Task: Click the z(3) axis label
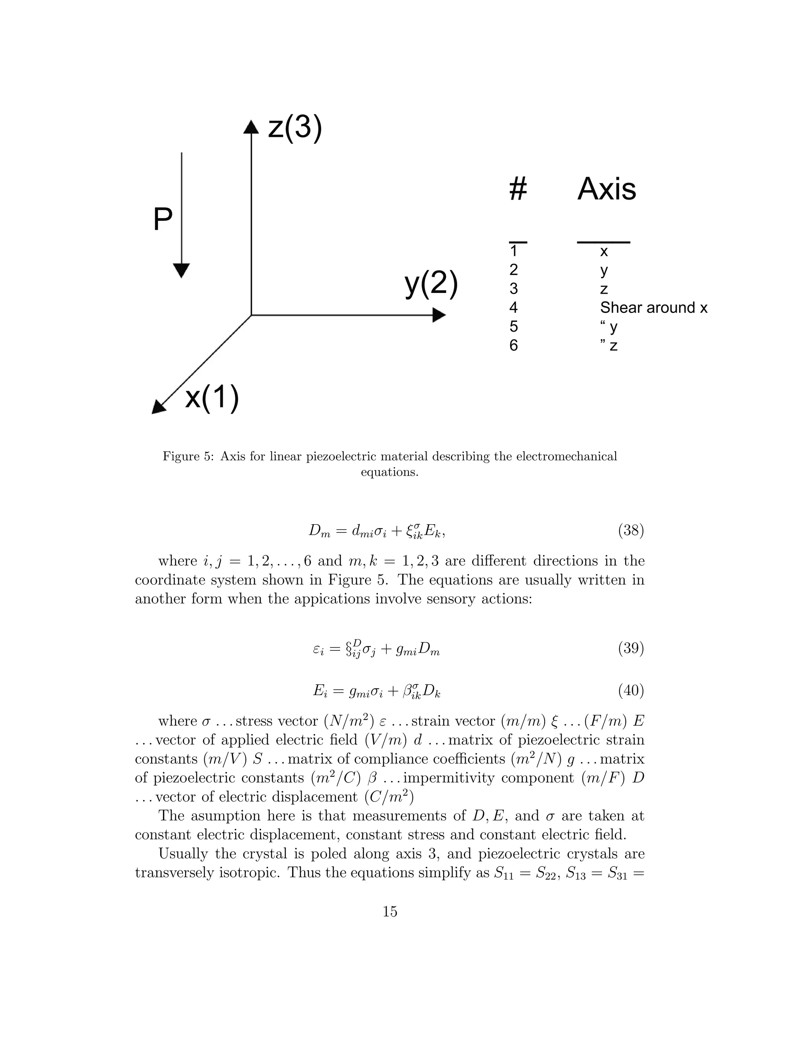point(295,129)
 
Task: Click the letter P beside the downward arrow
point(163,220)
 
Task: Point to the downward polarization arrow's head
point(181,270)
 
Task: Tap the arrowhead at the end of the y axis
point(439,315)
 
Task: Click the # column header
point(518,189)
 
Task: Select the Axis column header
point(607,189)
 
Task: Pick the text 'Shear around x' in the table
point(654,308)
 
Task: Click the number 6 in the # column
point(513,345)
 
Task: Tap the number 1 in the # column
point(513,251)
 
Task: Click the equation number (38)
point(631,530)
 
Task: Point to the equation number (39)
point(631,648)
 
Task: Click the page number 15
point(390,912)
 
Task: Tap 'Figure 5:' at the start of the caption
point(188,456)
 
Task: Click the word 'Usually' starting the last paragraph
point(183,854)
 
